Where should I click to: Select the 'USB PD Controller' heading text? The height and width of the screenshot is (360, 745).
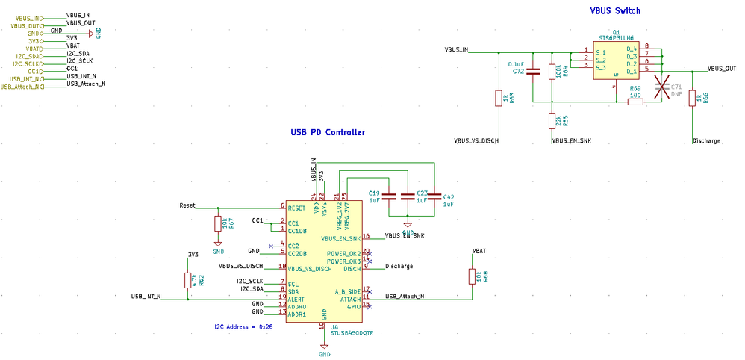click(x=328, y=132)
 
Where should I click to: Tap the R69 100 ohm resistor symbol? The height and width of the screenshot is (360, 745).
click(x=635, y=102)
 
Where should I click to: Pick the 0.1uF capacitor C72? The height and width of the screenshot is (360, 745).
click(x=532, y=72)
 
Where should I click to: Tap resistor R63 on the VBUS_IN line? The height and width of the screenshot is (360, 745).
click(x=498, y=98)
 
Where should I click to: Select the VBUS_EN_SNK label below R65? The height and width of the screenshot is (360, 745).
click(x=571, y=140)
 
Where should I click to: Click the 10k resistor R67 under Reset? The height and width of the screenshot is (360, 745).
click(x=217, y=223)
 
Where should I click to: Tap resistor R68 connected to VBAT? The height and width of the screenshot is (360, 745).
click(x=471, y=277)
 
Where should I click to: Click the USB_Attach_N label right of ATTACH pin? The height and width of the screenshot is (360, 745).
click(x=405, y=297)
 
